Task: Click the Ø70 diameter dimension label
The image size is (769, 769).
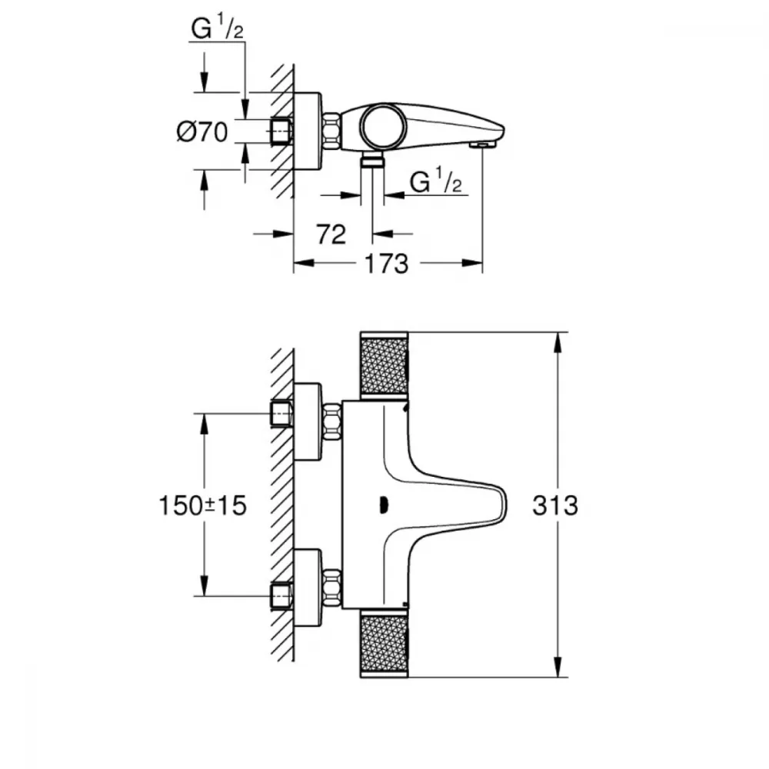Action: [x=202, y=132]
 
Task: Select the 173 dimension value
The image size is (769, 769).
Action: [x=387, y=264]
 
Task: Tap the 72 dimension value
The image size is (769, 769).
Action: [x=331, y=235]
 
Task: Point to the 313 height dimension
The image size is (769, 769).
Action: [x=555, y=505]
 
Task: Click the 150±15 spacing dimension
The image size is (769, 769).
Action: [x=202, y=505]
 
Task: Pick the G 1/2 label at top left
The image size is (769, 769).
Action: [x=218, y=27]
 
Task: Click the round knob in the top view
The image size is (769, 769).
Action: [x=384, y=126]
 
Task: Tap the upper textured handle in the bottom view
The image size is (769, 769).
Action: [x=384, y=364]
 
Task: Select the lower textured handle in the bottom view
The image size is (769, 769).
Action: [x=384, y=644]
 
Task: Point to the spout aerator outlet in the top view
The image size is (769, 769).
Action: [x=482, y=145]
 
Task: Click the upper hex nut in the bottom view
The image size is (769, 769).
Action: [x=332, y=421]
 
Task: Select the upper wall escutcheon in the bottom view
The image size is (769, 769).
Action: [x=308, y=422]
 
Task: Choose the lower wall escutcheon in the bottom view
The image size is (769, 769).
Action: [x=308, y=588]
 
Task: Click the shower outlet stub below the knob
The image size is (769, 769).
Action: [x=372, y=158]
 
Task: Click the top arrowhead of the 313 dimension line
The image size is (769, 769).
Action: [x=558, y=342]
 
